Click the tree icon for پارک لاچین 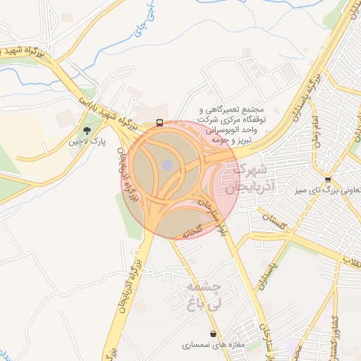pos(87,130)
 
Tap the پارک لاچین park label pos(87,142)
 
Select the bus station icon pos(160,123)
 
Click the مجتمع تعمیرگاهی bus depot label pos(233,126)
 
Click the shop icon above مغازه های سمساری pos(213,334)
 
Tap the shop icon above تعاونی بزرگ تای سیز pos(328,179)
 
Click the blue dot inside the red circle pos(167,165)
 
